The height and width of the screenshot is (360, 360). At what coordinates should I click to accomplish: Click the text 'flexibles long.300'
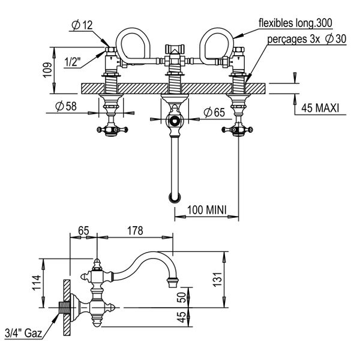coord(295,23)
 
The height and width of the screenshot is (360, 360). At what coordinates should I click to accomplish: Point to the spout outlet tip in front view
coord(174,197)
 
